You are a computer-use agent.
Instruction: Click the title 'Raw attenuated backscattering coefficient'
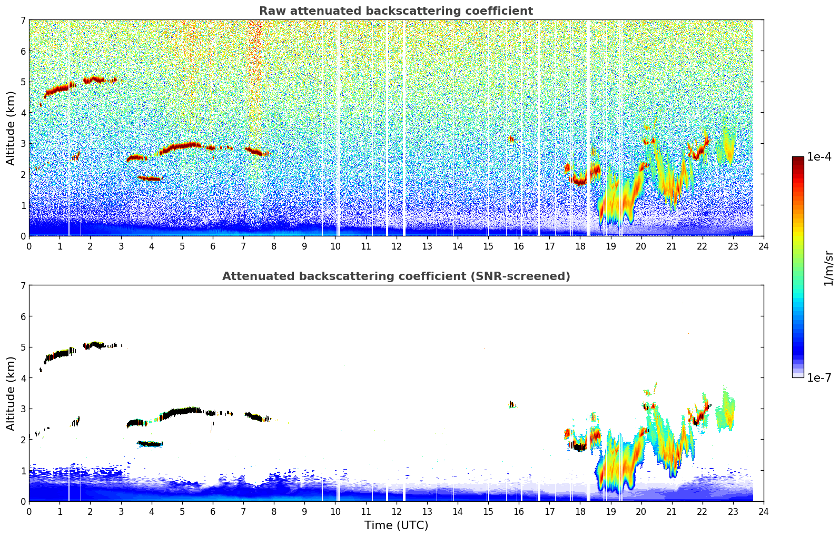(x=396, y=11)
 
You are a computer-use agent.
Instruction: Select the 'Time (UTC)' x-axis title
(x=396, y=525)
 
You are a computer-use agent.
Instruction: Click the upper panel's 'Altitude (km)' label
(x=11, y=128)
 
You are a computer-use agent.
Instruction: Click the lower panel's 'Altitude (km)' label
(x=11, y=393)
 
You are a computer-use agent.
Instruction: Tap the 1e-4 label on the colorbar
(x=819, y=157)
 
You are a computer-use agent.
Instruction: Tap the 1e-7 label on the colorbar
(x=819, y=377)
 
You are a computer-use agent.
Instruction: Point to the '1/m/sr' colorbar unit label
(x=828, y=268)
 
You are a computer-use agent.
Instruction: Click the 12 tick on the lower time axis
(x=396, y=511)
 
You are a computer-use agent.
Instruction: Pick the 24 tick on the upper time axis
(x=763, y=246)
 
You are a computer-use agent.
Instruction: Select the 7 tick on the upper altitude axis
(x=23, y=21)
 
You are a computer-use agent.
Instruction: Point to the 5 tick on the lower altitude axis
(x=23, y=347)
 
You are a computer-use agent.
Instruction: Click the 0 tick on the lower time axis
(x=29, y=511)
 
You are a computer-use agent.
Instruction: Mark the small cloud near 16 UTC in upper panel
(x=511, y=139)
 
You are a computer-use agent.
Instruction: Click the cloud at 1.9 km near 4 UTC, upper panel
(x=150, y=178)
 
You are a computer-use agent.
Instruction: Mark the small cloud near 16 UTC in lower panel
(x=511, y=404)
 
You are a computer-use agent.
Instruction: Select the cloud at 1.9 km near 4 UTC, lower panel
(x=150, y=444)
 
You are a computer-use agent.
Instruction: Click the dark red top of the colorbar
(x=797, y=160)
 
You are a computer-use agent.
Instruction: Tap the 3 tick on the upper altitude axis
(x=23, y=144)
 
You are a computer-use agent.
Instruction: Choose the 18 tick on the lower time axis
(x=580, y=511)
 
